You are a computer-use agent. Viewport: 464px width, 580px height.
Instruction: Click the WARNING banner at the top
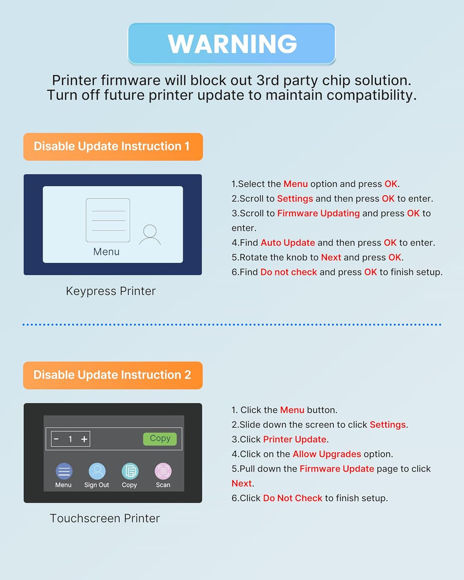point(232,43)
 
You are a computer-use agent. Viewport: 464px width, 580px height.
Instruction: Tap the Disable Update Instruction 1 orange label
point(113,147)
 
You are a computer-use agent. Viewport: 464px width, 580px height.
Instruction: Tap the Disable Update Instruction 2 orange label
point(113,375)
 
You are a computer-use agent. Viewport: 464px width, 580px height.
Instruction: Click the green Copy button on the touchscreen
point(160,439)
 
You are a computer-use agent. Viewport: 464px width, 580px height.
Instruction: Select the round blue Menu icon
point(64,471)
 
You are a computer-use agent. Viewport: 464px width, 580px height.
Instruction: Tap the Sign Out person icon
point(97,471)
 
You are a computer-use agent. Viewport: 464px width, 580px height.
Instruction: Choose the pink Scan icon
point(163,471)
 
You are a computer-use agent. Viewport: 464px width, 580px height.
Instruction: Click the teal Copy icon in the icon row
point(130,471)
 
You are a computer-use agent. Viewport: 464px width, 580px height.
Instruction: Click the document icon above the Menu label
point(108,220)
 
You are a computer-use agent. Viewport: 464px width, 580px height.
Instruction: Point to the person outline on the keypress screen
point(150,234)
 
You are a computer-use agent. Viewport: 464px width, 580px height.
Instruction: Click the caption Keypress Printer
point(111,291)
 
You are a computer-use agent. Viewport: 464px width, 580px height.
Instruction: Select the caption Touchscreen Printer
point(105,518)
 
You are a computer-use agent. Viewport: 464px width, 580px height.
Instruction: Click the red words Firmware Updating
point(319,213)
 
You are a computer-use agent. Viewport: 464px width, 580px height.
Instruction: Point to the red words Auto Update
point(288,242)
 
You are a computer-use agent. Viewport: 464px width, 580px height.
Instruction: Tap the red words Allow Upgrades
point(327,454)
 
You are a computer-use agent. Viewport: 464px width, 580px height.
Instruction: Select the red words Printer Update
point(295,440)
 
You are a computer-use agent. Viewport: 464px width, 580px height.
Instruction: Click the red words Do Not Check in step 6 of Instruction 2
point(293,498)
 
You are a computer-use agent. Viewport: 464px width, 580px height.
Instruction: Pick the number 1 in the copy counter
point(70,440)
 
